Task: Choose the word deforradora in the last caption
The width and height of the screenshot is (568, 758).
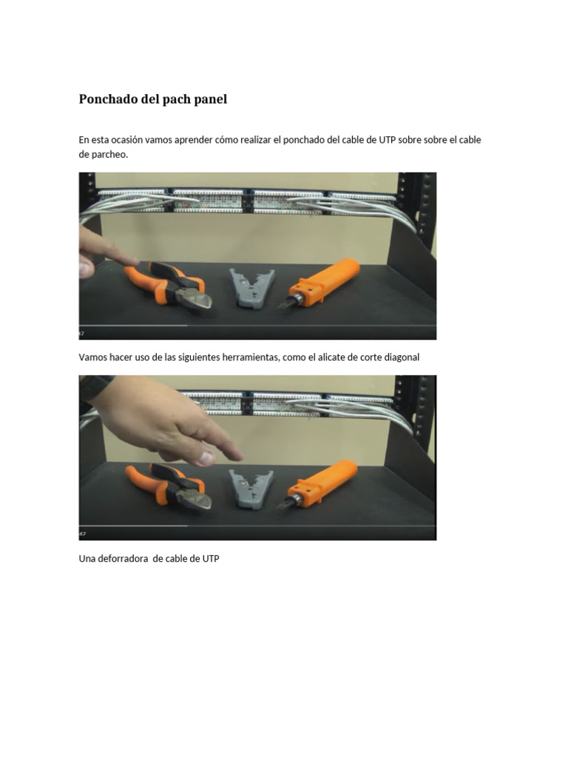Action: (x=123, y=558)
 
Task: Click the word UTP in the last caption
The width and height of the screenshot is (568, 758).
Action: (x=211, y=558)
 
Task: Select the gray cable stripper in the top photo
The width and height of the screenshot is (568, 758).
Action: (x=251, y=288)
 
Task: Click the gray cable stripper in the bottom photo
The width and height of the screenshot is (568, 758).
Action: (x=251, y=489)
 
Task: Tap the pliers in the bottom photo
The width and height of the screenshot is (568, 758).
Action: (x=169, y=487)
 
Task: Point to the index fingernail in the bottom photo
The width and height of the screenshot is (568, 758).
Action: (x=206, y=457)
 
